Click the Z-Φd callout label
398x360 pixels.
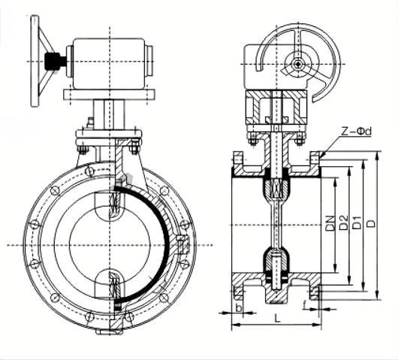(x=356, y=132)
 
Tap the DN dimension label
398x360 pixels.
(x=330, y=223)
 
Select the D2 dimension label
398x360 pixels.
(x=343, y=222)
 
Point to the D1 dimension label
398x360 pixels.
(x=357, y=222)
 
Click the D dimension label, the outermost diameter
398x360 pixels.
(x=371, y=223)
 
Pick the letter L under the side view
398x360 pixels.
(x=278, y=318)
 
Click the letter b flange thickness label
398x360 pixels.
(x=239, y=307)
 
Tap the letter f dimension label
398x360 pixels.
(x=305, y=305)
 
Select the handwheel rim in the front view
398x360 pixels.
(x=35, y=61)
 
